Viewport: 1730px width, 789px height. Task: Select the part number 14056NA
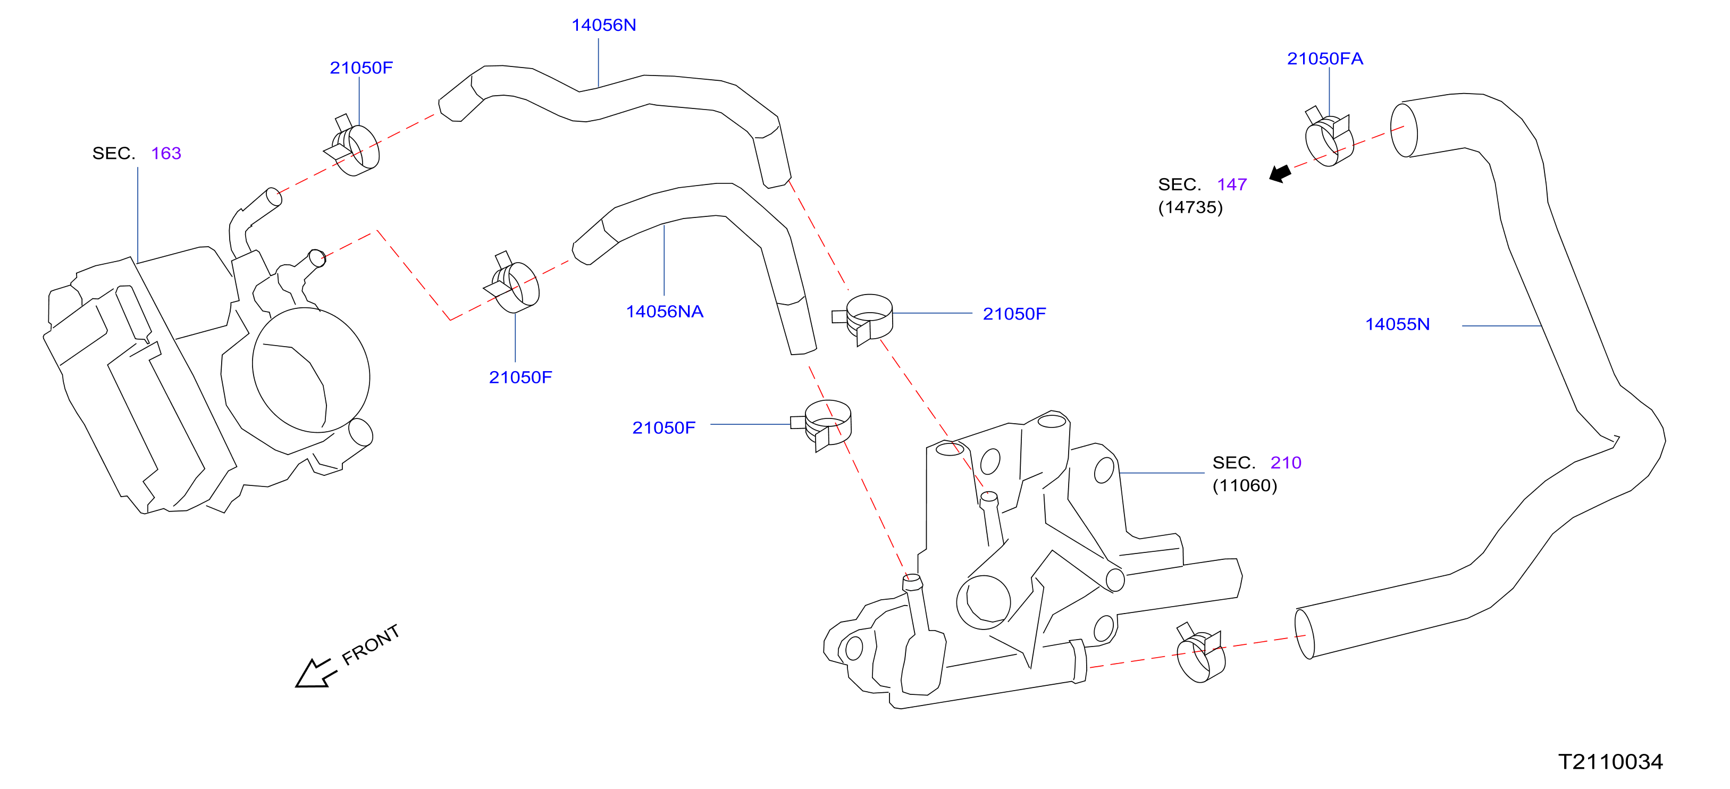coord(664,312)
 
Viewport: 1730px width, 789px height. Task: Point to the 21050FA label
coord(1324,59)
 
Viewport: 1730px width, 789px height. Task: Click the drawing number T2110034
coord(1610,761)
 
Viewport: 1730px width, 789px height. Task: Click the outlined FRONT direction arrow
coord(316,674)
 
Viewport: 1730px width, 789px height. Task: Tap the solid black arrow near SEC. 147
coord(1280,173)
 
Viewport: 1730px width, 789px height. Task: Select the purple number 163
coord(166,154)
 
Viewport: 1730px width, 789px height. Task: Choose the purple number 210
coord(1286,463)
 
